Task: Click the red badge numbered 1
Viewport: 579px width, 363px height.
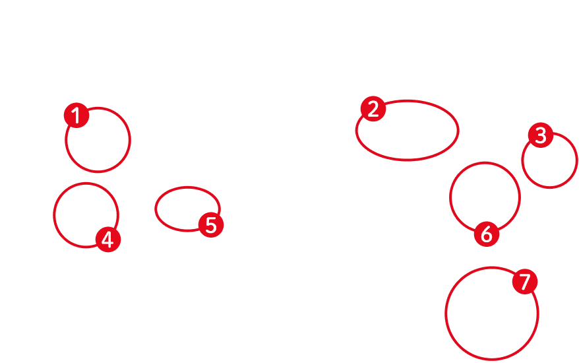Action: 76,116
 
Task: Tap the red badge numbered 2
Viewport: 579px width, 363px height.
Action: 373,109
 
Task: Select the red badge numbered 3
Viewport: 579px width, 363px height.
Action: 541,135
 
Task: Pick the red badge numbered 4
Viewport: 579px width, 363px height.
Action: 107,240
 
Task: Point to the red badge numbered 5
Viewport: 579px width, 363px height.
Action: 211,225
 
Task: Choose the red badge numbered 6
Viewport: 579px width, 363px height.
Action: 486,233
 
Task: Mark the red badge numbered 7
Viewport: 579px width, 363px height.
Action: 525,282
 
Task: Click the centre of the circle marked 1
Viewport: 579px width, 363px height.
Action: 98,140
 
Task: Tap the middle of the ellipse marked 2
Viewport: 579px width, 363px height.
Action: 407,130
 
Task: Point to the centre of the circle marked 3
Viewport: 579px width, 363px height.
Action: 549,160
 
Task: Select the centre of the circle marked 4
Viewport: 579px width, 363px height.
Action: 86,215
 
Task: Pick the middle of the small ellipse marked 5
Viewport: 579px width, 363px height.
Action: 187,209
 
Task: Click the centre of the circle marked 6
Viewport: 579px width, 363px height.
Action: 485,197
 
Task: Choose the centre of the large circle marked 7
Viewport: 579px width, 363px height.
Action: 491,313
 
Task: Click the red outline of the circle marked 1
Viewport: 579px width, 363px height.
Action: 130,140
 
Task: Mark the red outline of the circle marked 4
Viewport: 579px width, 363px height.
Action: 53,215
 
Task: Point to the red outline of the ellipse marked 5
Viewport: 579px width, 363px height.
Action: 156,209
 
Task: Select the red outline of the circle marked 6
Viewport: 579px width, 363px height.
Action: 450,197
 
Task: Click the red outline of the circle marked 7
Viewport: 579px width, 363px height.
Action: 445,313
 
